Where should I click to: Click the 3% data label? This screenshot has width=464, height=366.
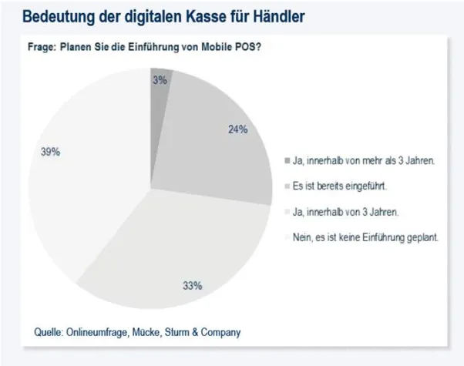coord(160,79)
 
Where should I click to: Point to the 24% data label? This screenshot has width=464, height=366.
coord(237,130)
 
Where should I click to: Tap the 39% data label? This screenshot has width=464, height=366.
coord(51,152)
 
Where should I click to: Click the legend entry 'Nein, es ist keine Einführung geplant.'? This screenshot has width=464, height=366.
coord(365,238)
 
